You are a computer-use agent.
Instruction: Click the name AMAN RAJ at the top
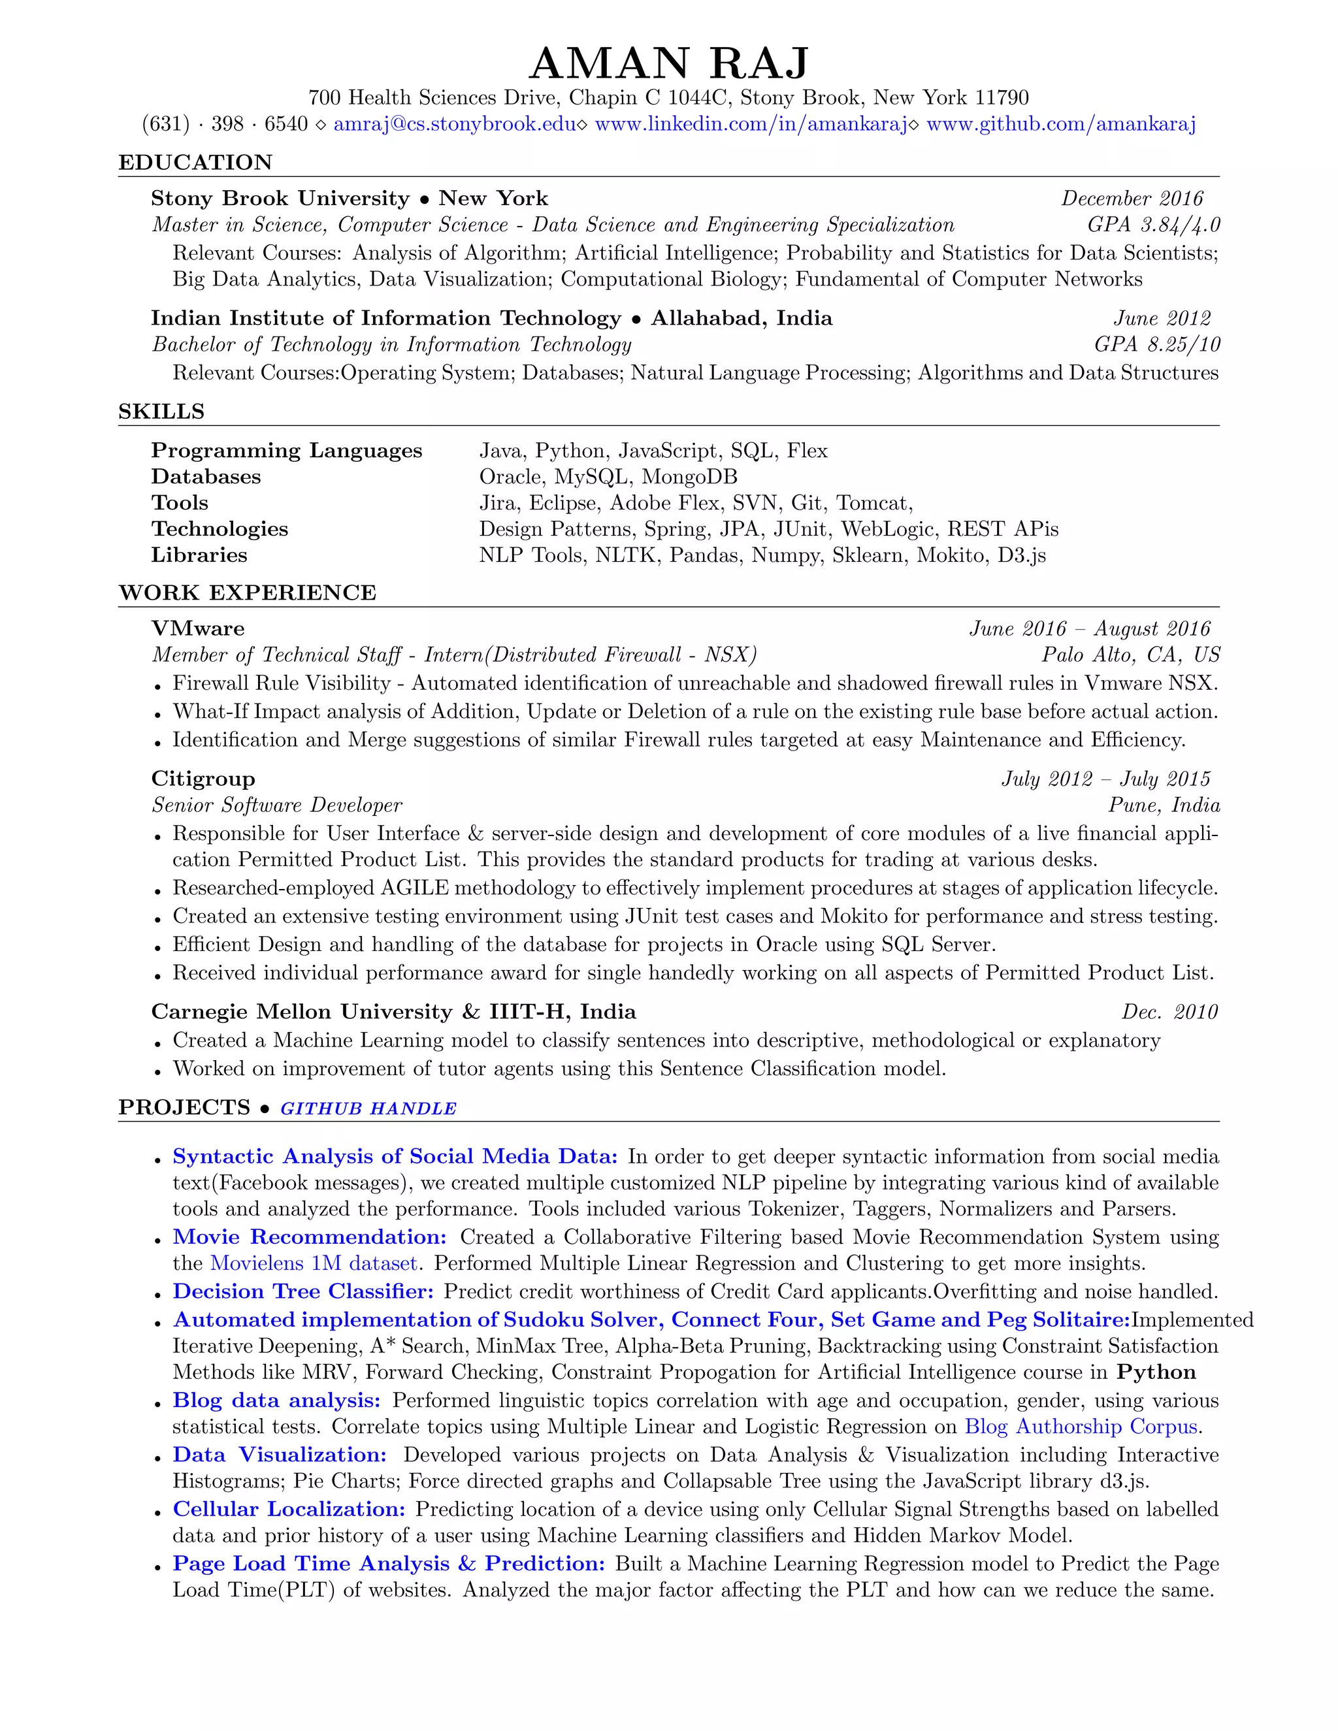tap(668, 63)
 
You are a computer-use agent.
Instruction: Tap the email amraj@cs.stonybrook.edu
tap(454, 123)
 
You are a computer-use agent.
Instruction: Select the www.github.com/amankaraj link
tap(1060, 123)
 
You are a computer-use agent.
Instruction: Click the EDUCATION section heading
tap(195, 163)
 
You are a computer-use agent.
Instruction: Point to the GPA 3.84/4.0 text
tap(1153, 225)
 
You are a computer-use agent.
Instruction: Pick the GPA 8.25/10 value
tap(1156, 345)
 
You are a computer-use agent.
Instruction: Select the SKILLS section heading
tap(161, 412)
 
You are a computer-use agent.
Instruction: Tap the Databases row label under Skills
tap(206, 477)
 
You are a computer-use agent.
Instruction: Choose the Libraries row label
tap(199, 556)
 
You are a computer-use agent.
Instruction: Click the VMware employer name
tap(197, 628)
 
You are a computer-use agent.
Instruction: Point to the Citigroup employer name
tap(203, 779)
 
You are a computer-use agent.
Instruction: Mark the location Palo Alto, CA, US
tap(1130, 655)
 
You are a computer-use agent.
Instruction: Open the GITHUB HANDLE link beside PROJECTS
tap(368, 1109)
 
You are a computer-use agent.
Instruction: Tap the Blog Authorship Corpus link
tap(1081, 1427)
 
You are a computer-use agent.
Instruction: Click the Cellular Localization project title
tap(289, 1509)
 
